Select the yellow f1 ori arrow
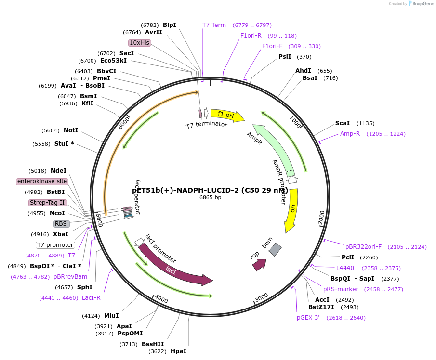[226, 115]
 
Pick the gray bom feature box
[275, 249]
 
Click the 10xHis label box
[140, 43]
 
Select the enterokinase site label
[42, 181]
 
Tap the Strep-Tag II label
[47, 203]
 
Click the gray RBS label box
[61, 224]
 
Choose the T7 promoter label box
[55, 245]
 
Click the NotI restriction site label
[70, 130]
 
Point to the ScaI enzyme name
[343, 123]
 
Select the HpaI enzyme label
[178, 351]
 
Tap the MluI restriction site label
[111, 316]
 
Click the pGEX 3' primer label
[308, 318]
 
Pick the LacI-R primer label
[91, 298]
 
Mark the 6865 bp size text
[211, 197]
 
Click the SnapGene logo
[421, 4]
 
